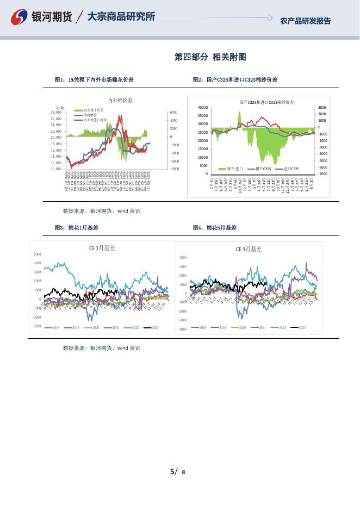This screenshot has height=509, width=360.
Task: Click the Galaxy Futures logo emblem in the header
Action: click(x=20, y=17)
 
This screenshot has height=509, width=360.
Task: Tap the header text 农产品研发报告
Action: click(x=305, y=21)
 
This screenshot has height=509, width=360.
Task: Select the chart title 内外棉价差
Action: click(x=120, y=100)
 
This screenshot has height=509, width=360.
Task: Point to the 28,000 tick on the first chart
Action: click(x=56, y=119)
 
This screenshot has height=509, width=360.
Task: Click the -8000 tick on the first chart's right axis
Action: click(x=174, y=169)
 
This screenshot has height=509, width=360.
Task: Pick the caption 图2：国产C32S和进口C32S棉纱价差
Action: click(x=235, y=80)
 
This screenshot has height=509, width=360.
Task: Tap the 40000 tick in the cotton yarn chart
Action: click(x=203, y=107)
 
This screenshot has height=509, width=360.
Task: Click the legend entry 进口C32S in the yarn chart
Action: click(x=291, y=169)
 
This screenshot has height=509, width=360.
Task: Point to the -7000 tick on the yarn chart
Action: click(x=322, y=174)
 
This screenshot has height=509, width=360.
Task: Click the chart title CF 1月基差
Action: click(x=102, y=248)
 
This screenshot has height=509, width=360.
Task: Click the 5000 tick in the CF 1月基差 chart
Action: click(x=38, y=254)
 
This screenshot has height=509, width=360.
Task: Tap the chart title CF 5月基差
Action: click(x=249, y=249)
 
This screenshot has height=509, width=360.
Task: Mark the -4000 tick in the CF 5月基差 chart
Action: click(x=183, y=329)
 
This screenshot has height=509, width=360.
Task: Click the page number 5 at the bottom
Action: click(x=172, y=471)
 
